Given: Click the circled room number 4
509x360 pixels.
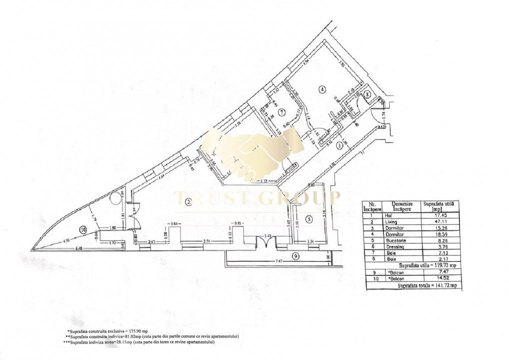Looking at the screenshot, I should coord(322,89).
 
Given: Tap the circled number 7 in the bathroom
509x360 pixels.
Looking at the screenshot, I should coord(282,111).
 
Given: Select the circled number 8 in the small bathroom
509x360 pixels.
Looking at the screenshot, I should coord(367,93).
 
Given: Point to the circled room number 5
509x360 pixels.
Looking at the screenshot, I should coord(308,218).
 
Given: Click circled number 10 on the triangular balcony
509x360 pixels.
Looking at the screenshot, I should coord(83,229).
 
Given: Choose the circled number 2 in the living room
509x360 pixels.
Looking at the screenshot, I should coord(188,202).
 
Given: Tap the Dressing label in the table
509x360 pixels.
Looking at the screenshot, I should coord(393,246).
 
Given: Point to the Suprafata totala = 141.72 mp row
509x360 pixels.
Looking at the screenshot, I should coord(430,285).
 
